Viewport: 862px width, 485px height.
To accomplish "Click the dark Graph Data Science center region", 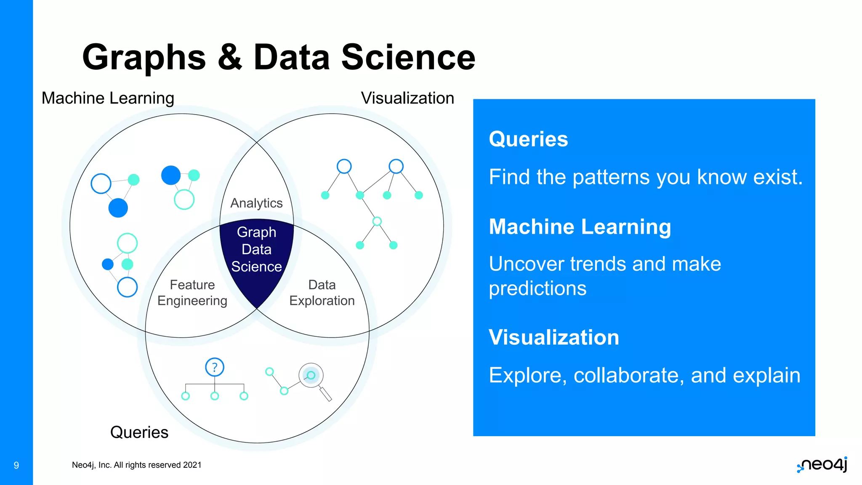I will click(x=256, y=253).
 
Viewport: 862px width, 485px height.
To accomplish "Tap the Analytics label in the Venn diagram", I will click(x=256, y=203).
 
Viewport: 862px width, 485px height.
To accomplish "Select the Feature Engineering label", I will click(x=192, y=293).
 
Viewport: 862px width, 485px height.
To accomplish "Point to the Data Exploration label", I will click(x=322, y=293).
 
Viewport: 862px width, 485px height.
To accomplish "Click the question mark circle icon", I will click(x=215, y=367).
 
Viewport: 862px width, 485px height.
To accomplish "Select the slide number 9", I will click(x=16, y=465).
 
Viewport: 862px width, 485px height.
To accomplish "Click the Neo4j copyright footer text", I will click(x=136, y=465).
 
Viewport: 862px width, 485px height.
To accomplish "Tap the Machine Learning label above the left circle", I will click(x=108, y=98).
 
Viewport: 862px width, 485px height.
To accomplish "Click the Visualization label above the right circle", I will click(x=407, y=98).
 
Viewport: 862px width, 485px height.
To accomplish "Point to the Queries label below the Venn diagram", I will click(x=139, y=432).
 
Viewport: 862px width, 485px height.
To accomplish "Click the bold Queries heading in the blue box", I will click(x=528, y=139).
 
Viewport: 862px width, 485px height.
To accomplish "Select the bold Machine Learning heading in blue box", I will click(x=580, y=227).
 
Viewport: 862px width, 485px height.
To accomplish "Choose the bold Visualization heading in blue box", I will click(x=554, y=337).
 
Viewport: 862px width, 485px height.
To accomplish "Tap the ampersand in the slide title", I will click(x=230, y=57).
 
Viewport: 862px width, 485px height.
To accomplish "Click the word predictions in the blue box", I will click(x=537, y=289).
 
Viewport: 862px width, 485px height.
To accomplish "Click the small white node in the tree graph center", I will click(x=377, y=221).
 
